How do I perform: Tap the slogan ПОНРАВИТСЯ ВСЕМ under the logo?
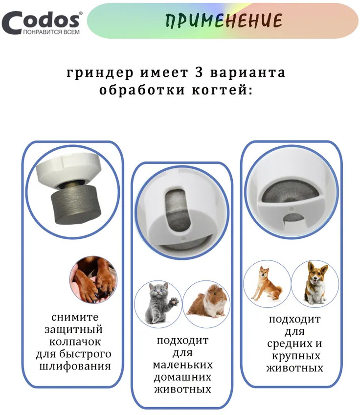(x=51, y=32)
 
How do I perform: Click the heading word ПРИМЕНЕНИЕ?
(x=224, y=21)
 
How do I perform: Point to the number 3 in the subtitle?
(x=199, y=72)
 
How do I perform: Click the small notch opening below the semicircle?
(x=293, y=218)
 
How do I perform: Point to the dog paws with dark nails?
(x=93, y=280)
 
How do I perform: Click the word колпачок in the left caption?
(x=75, y=342)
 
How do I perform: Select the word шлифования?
(x=75, y=366)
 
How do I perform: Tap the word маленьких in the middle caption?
(x=182, y=365)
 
